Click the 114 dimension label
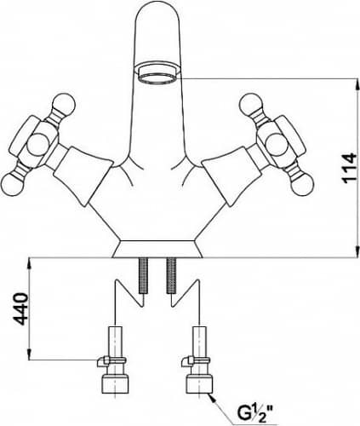(349, 168)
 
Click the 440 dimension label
(21, 309)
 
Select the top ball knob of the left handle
(65, 104)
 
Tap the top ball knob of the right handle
(250, 105)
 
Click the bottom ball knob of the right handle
(302, 186)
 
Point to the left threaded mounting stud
(143, 275)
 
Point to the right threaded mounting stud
(171, 275)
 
